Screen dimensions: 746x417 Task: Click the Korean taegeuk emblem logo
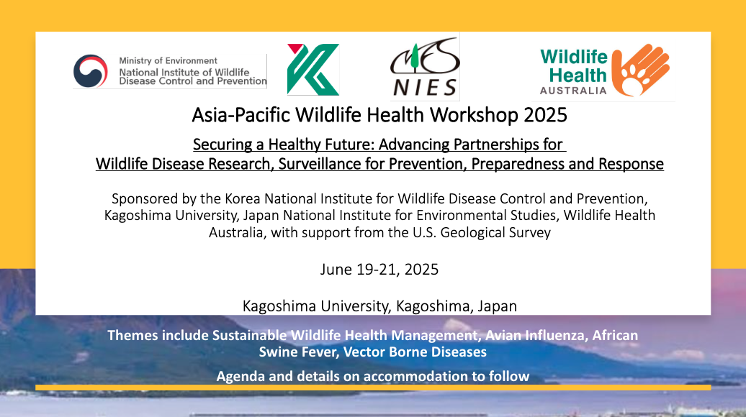(x=91, y=71)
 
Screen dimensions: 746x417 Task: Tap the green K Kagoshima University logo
(x=313, y=69)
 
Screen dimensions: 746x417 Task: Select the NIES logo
(x=425, y=67)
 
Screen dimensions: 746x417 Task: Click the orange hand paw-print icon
(x=640, y=70)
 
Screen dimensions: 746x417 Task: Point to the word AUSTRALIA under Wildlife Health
(x=573, y=91)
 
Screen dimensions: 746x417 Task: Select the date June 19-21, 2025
(x=379, y=270)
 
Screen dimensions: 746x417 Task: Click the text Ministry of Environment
(x=168, y=61)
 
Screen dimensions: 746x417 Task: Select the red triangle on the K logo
(x=295, y=48)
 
